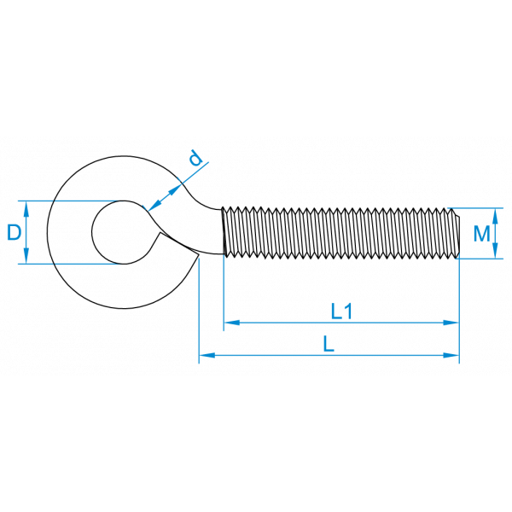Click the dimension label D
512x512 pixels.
(x=14, y=232)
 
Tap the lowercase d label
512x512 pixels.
(x=196, y=158)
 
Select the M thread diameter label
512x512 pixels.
(x=481, y=233)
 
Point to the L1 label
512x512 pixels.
(x=341, y=311)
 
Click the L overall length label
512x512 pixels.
(x=329, y=344)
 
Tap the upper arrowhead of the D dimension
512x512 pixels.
(x=26, y=209)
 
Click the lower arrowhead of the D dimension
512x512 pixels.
(x=26, y=256)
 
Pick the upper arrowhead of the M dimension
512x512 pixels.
(x=495, y=216)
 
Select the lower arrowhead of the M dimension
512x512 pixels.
(x=495, y=251)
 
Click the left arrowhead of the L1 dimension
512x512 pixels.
(x=232, y=323)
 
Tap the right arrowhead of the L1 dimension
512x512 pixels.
(x=451, y=323)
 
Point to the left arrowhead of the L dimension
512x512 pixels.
(x=207, y=355)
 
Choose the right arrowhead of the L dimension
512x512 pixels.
(x=451, y=355)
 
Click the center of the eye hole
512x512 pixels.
(x=124, y=232)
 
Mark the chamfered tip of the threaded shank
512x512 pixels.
(x=457, y=233)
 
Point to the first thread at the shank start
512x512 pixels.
(x=225, y=232)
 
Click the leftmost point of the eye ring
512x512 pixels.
(x=47, y=232)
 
